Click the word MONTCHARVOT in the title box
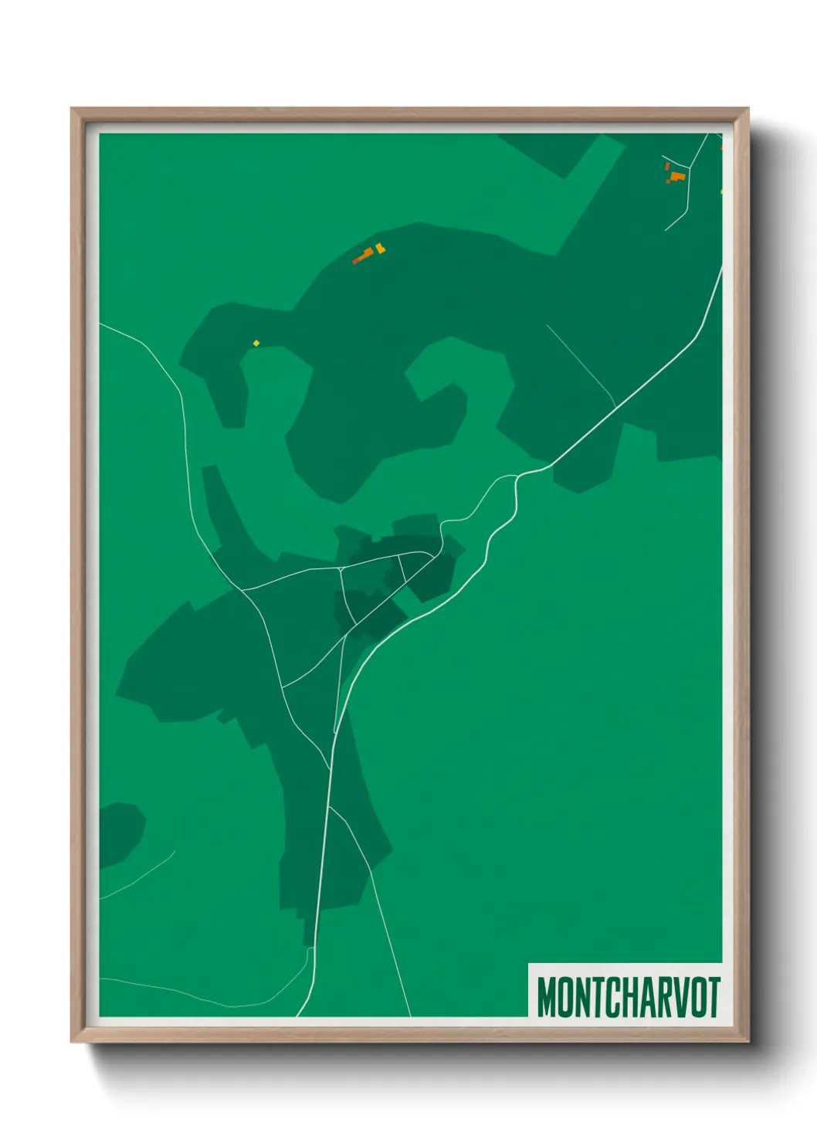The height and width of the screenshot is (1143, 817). coord(628,996)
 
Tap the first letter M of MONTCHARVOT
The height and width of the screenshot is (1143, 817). coord(546,996)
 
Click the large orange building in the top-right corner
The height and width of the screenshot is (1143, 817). coord(678,177)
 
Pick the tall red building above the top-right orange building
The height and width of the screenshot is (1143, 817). coord(667,165)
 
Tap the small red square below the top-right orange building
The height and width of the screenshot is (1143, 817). coord(668,182)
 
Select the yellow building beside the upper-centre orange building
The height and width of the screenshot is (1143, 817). coord(379,249)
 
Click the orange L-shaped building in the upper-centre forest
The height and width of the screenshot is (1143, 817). coord(364,255)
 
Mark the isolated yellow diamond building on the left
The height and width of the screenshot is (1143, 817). coord(256,343)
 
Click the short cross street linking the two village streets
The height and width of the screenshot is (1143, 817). coord(402,568)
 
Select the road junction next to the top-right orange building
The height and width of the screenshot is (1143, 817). coord(689,169)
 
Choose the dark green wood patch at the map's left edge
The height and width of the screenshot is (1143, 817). coord(119,833)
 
